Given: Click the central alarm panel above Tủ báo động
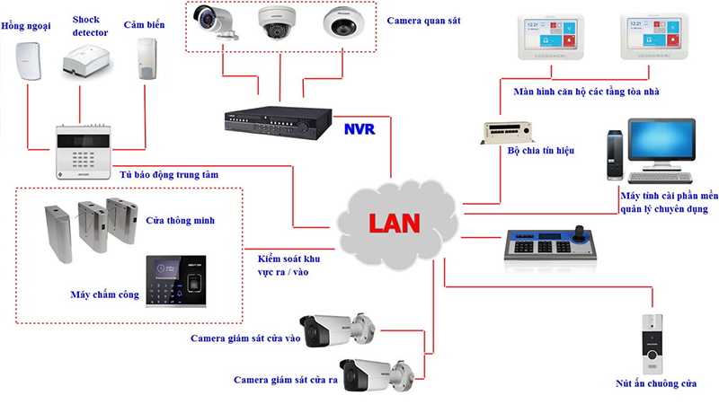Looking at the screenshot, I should (x=87, y=143).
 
